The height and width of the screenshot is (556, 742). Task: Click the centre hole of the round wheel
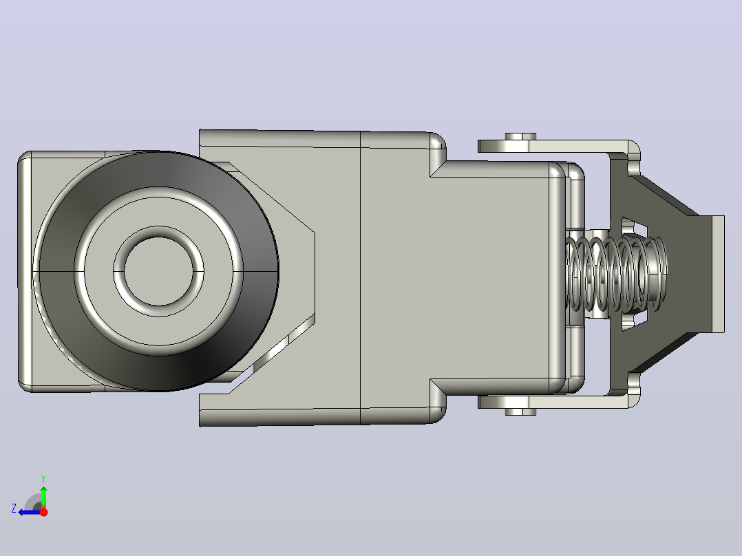click(x=158, y=271)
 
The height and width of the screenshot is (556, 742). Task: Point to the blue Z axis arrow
click(x=30, y=513)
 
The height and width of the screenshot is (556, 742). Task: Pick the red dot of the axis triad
click(x=43, y=512)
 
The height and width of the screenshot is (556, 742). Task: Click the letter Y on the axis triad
click(x=43, y=478)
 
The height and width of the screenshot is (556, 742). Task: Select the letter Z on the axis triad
click(x=14, y=509)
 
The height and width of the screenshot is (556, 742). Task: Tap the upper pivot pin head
click(x=520, y=136)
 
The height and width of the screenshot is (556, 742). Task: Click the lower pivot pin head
click(x=520, y=411)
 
